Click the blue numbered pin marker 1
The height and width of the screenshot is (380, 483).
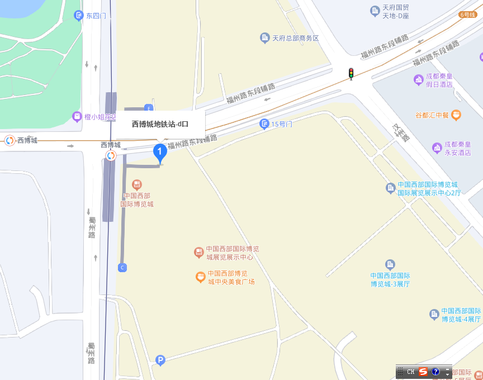[x=160, y=151]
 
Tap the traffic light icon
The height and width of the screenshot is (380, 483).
[x=351, y=73]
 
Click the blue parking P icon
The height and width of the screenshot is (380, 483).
[x=160, y=360]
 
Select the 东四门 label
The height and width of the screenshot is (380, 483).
[x=96, y=16]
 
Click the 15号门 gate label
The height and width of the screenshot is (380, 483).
[x=282, y=124]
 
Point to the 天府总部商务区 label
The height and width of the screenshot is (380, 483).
[x=295, y=39]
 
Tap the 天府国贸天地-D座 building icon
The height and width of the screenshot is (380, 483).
[x=375, y=11]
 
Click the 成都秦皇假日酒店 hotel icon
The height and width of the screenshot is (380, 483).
[x=418, y=80]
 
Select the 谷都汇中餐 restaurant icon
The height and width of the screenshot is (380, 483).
[x=457, y=115]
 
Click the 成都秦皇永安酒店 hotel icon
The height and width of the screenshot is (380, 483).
[x=437, y=148]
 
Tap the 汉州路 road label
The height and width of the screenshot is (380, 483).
[x=401, y=132]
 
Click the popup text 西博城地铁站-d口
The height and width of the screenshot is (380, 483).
[x=160, y=124]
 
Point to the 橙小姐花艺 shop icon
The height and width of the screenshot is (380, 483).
[x=78, y=117]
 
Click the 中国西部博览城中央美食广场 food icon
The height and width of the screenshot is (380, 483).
[x=200, y=277]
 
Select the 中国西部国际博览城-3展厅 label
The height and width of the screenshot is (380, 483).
[x=390, y=279]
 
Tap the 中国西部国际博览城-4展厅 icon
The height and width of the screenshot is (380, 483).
[x=434, y=315]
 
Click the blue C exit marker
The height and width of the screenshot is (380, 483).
[x=122, y=268]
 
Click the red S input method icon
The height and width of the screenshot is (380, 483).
[x=423, y=372]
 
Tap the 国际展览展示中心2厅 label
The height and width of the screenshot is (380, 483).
[x=429, y=193]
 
